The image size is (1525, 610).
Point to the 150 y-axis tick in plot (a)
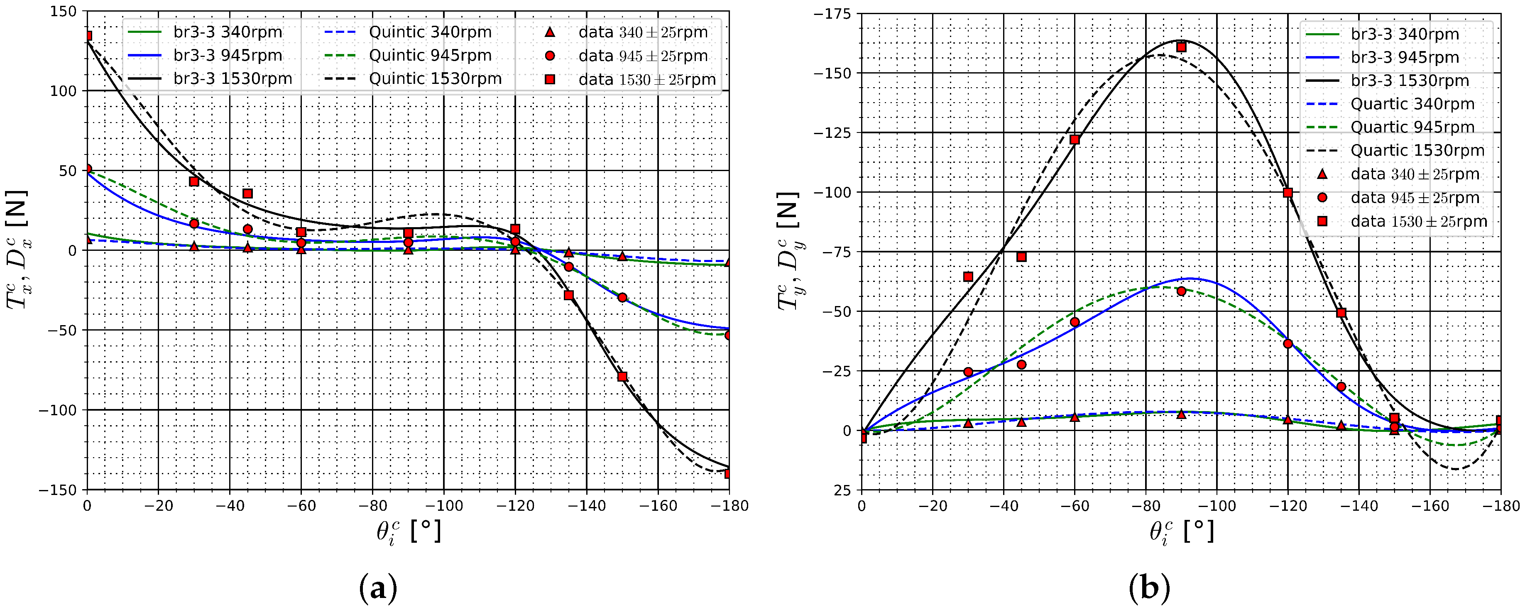[64, 11]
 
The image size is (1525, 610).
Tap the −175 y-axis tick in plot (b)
[834, 14]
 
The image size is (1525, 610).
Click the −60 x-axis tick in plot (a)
[301, 506]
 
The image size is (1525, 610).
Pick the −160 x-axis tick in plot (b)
[1430, 506]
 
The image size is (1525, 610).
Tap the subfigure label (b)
[1149, 589]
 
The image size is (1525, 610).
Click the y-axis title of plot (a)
[19, 250]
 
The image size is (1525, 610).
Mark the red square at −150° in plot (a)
[622, 377]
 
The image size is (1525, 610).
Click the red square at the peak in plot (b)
[1181, 47]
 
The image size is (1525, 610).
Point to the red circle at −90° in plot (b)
[1181, 291]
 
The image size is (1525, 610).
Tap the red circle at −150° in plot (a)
[622, 297]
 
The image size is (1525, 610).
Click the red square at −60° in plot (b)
[1075, 139]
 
